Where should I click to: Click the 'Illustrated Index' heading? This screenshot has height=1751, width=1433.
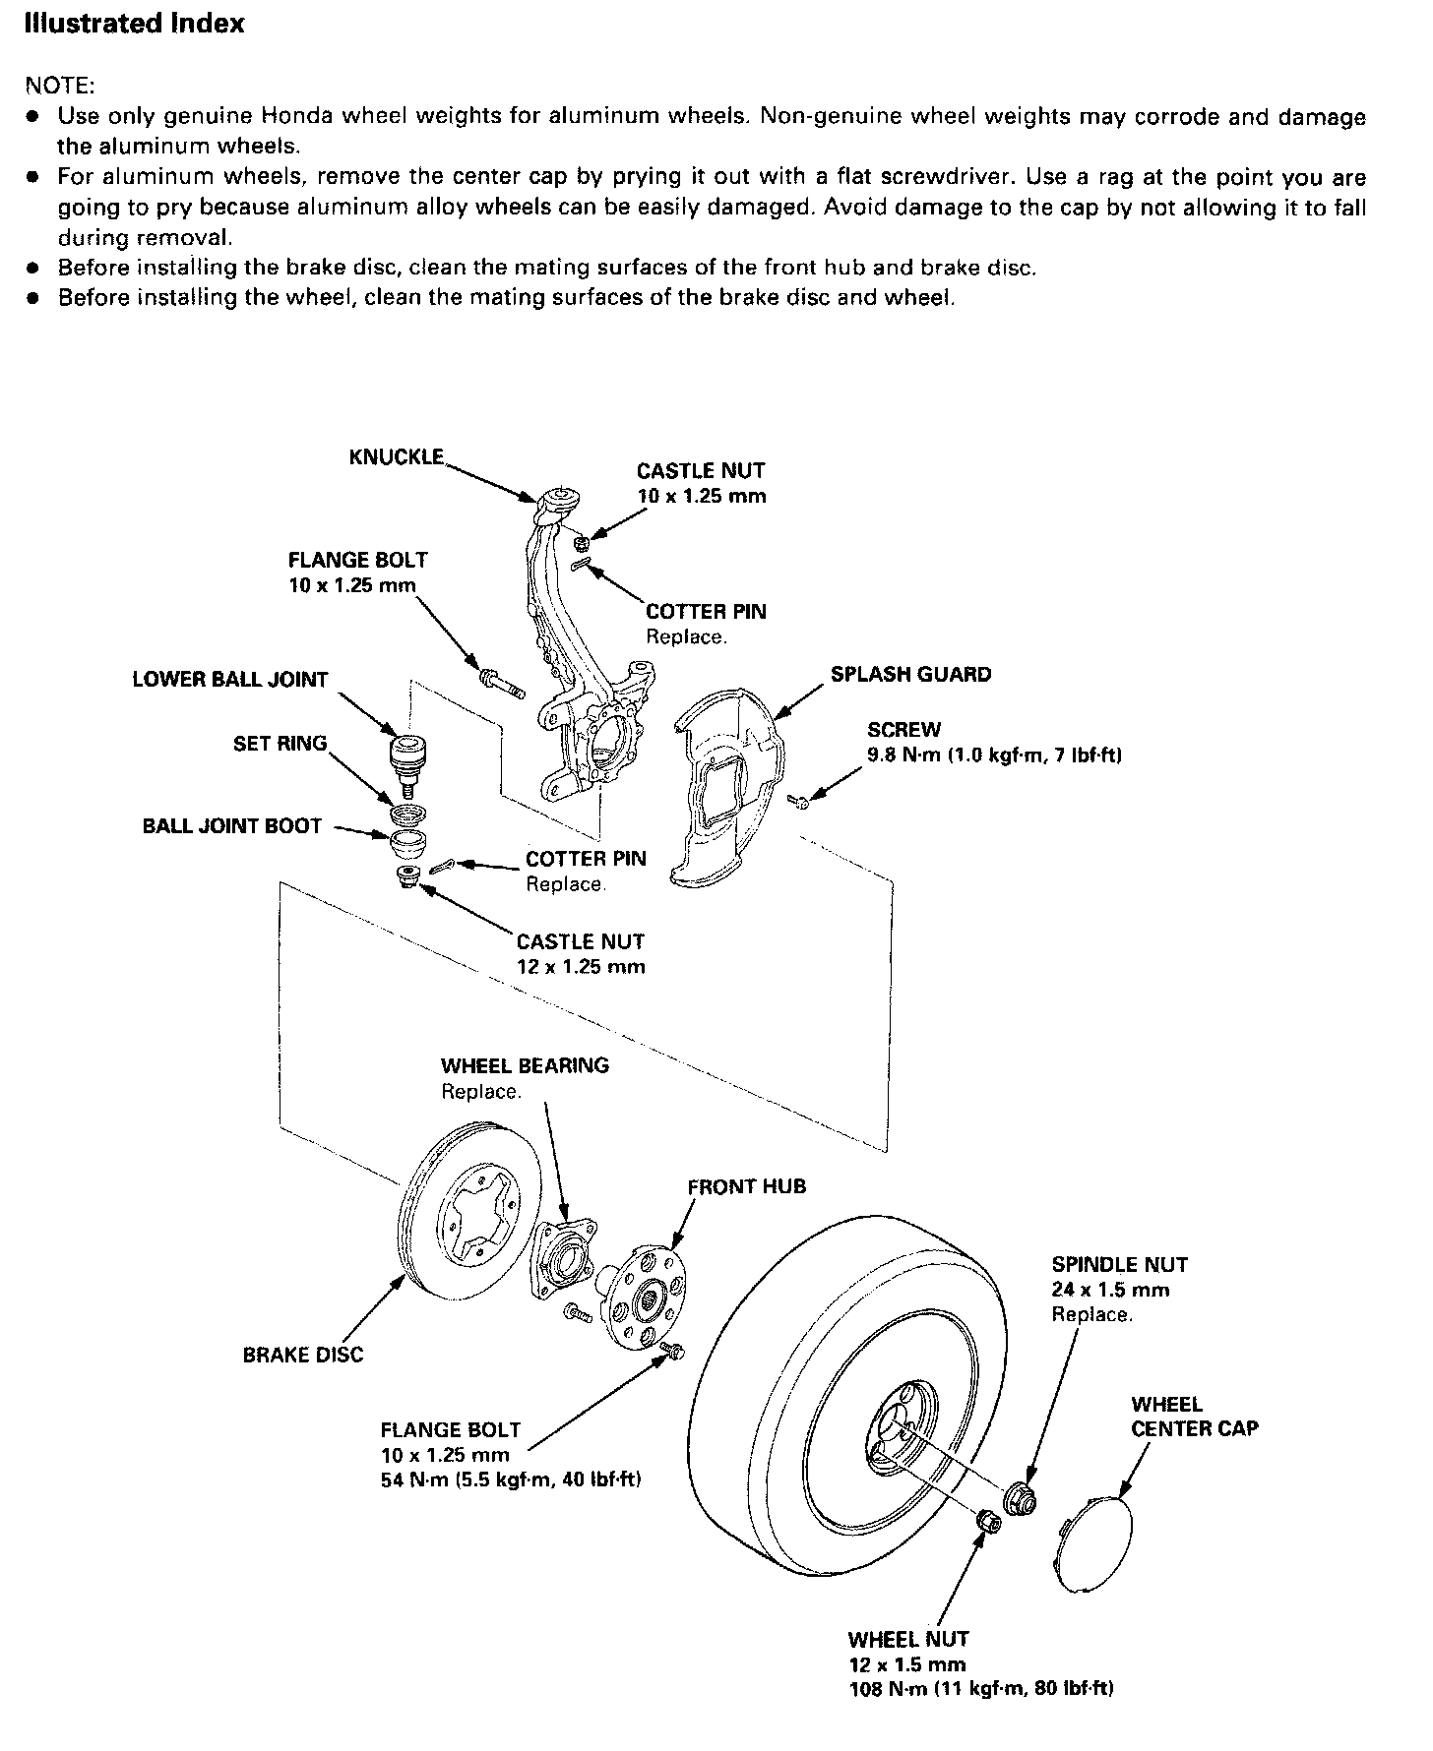point(134,23)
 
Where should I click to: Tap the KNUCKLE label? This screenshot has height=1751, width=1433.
point(396,457)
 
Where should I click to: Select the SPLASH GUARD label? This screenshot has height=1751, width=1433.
point(910,675)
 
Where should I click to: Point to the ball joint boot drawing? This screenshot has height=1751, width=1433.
point(406,844)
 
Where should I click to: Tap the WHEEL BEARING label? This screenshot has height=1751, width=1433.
point(525,1065)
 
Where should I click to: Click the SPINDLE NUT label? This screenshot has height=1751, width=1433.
point(1119,1265)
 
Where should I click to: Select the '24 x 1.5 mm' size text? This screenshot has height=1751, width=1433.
point(1110,1290)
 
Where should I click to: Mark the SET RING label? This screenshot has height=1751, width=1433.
point(280,744)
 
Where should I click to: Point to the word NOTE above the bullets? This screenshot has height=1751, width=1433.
point(59,85)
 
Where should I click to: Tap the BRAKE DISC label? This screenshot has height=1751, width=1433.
point(302,1355)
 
